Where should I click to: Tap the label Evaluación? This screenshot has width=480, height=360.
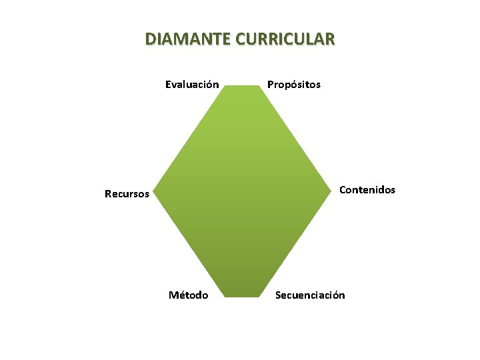(192, 85)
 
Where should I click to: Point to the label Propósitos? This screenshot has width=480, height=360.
(294, 85)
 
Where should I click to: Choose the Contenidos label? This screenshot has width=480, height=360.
(367, 190)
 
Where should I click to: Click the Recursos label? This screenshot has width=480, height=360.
(127, 195)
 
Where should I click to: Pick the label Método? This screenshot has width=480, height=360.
(189, 295)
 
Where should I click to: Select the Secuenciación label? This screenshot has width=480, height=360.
(311, 295)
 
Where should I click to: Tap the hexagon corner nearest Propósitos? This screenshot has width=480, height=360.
(259, 85)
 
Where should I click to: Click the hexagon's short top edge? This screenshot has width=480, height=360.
(241, 85)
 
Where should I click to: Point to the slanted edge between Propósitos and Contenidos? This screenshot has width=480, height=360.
(296, 138)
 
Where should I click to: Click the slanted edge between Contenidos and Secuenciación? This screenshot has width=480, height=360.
(296, 243)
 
